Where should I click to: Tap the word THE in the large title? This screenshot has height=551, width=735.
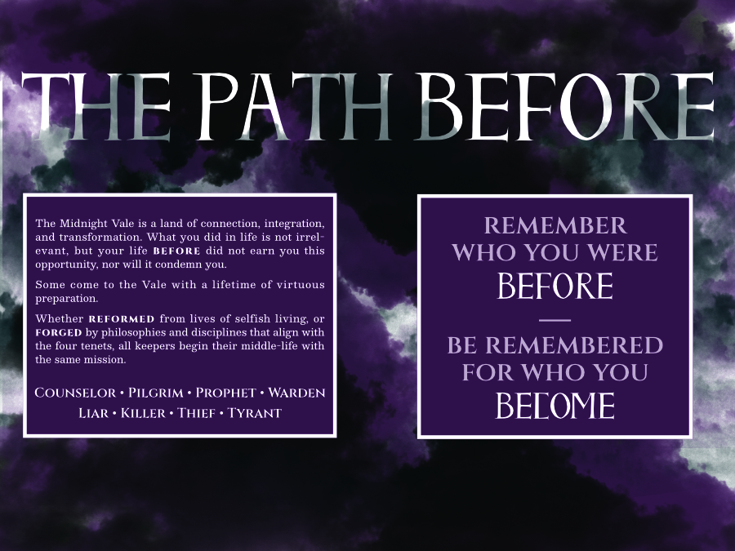(x=96, y=106)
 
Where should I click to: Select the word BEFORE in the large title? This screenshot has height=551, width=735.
(x=563, y=106)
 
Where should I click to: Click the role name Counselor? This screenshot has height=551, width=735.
(x=75, y=393)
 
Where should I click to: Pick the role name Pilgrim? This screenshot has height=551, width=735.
(x=156, y=393)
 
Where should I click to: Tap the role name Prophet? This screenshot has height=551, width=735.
(x=226, y=393)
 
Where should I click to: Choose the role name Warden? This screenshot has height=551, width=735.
(x=296, y=393)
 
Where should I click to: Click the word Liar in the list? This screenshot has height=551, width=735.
(x=94, y=413)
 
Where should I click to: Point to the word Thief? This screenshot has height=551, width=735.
(x=196, y=413)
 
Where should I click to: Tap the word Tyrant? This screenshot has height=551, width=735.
(x=255, y=413)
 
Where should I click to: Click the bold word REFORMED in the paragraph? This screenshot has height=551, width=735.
(x=122, y=319)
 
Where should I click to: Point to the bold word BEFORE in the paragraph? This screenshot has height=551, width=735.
(x=176, y=251)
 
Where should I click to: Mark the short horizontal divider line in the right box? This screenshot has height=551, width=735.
(x=555, y=321)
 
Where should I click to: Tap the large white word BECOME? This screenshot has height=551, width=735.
(x=555, y=406)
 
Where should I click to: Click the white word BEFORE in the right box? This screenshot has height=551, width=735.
(x=555, y=286)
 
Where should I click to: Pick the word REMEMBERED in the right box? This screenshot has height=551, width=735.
(x=574, y=345)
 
